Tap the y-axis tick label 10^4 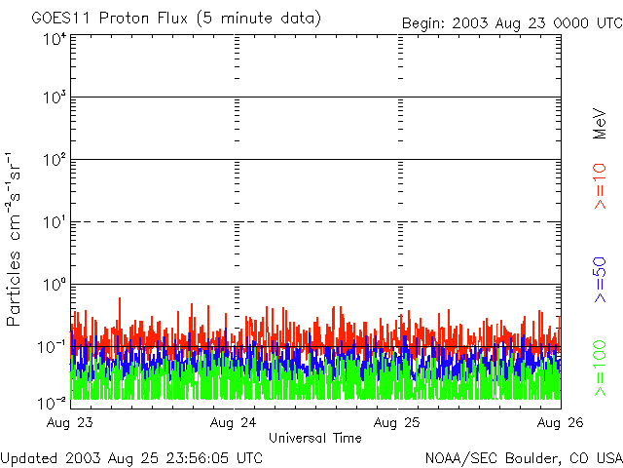55,38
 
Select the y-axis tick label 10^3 55,99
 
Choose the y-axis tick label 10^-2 53,403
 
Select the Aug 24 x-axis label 234,422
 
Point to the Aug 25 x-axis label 397,422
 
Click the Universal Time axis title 314,438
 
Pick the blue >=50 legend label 600,282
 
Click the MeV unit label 600,124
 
